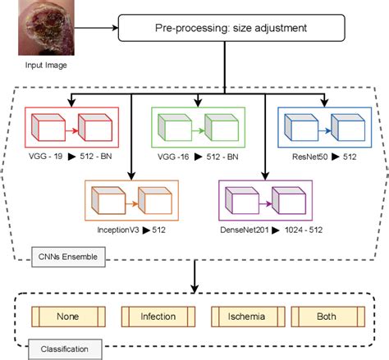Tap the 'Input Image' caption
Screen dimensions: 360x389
40,64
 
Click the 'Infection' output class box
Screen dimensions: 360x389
158,315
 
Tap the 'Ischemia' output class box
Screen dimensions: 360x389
246,315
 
